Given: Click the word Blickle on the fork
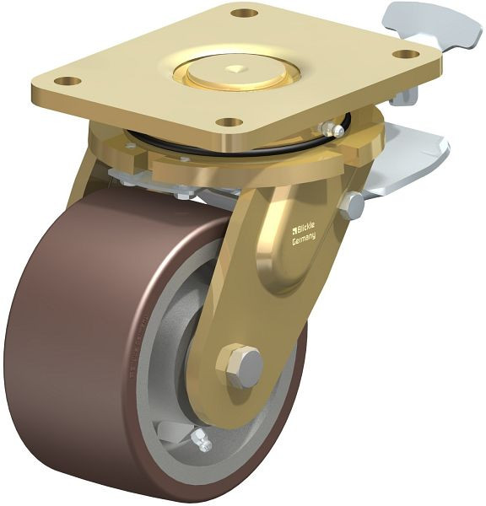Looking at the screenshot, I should pyautogui.click(x=306, y=229).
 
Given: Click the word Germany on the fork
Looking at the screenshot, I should pyautogui.click(x=304, y=239).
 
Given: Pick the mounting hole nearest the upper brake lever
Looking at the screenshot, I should pyautogui.click(x=406, y=54).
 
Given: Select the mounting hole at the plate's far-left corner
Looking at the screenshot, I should pyautogui.click(x=67, y=82).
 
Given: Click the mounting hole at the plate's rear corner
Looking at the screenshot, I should pyautogui.click(x=243, y=13).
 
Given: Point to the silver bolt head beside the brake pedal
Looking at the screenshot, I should pyautogui.click(x=352, y=205).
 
